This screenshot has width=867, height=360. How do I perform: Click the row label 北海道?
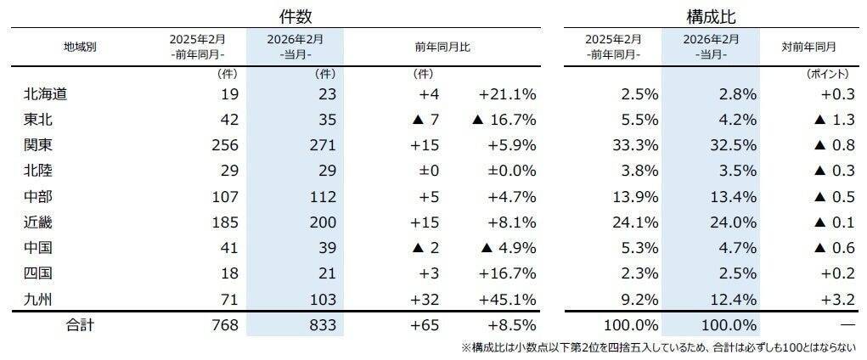click(x=47, y=94)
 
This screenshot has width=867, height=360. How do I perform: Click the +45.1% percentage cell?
click(x=507, y=298)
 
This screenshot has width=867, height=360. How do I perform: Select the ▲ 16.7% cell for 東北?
click(x=503, y=120)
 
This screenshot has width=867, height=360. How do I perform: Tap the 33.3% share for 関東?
click(x=637, y=145)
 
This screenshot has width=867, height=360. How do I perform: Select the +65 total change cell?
click(x=424, y=325)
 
